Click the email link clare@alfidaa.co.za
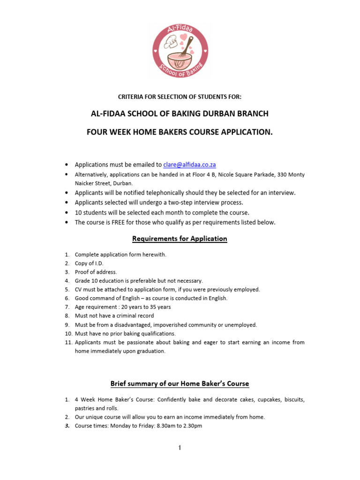point(189,165)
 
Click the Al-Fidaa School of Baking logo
point(180,51)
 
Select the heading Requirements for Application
point(180,239)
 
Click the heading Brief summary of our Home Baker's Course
point(180,383)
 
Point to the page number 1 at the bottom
point(180,448)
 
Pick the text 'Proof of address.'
point(96,272)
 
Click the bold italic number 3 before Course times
point(67,426)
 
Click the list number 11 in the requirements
point(68,342)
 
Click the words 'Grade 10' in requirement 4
point(85,281)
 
